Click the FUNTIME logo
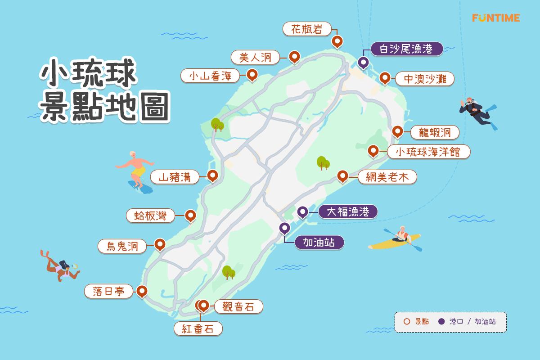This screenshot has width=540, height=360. click(x=496, y=18)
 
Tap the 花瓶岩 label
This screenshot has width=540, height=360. click(x=307, y=29)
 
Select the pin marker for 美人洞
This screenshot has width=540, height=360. click(x=294, y=56)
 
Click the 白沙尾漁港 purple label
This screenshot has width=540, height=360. click(x=406, y=49)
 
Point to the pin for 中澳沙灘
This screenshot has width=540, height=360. click(x=385, y=77)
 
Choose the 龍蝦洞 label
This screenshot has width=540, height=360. click(x=435, y=132)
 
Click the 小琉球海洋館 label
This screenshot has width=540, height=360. click(x=428, y=152)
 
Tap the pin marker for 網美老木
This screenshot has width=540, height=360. click(x=342, y=175)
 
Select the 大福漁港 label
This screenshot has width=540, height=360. click(x=348, y=211)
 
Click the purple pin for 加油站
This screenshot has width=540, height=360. click(x=284, y=228)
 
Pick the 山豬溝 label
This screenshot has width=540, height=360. click(x=175, y=177)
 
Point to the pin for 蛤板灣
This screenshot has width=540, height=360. click(x=190, y=215)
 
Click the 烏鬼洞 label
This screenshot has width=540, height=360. click(x=122, y=246)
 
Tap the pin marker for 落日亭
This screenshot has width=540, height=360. click(x=142, y=291)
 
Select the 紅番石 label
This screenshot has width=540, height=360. click(x=198, y=328)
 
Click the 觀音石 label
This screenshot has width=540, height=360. click(x=238, y=307)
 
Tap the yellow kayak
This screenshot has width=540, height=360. click(x=394, y=242)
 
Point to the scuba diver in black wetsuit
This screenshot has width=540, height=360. click(x=477, y=111)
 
